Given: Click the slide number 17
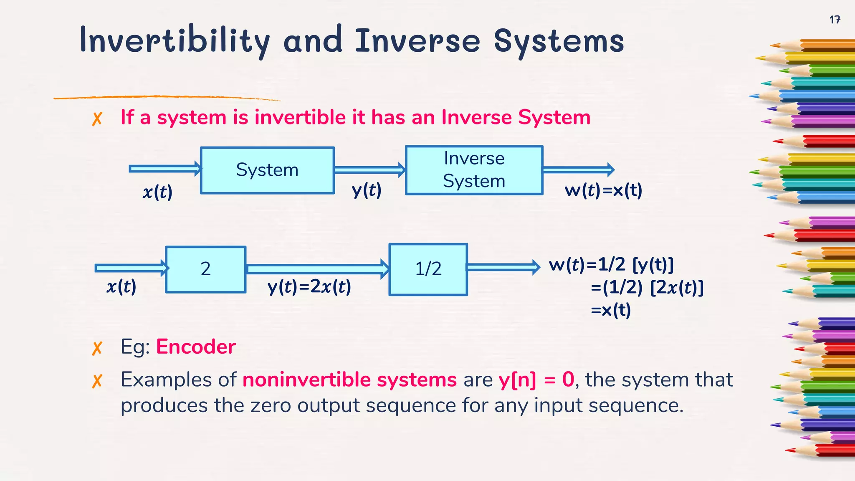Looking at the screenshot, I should click(835, 20).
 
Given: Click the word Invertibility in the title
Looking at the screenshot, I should click(175, 41).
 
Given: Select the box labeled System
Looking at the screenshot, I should click(267, 170).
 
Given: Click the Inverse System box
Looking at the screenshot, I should click(474, 170).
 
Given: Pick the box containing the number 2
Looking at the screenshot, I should click(205, 269).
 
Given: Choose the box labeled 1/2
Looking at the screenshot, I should click(428, 269).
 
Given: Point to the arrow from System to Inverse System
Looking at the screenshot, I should click(369, 170).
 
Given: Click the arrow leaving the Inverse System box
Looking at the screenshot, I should click(578, 170).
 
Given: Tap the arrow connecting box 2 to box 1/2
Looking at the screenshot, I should click(317, 269).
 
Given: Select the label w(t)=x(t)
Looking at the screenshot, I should click(603, 191).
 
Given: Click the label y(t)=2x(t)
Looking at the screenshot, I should click(309, 287).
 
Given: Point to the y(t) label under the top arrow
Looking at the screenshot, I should click(367, 191).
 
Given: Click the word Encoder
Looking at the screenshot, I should click(196, 347).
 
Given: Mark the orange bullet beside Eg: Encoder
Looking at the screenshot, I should click(97, 348).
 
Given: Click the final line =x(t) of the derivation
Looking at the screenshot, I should click(611, 310).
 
